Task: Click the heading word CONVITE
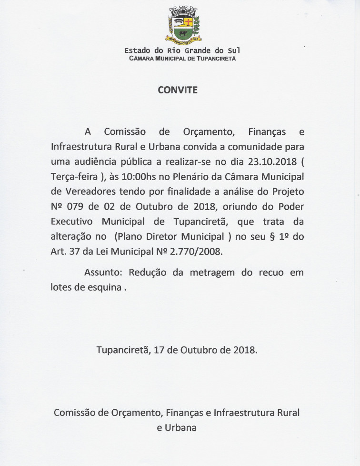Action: [178, 90]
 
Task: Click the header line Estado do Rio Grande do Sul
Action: [182, 51]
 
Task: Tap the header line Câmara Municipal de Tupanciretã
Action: [182, 58]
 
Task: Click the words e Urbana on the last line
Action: [177, 427]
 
